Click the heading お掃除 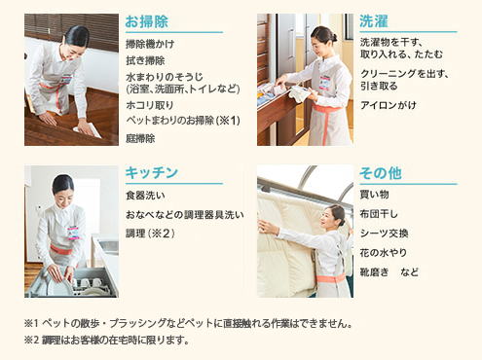[x=147, y=21]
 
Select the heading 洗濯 [x=374, y=21]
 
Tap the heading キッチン [x=152, y=172]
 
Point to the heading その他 [x=381, y=173]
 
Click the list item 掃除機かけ [x=150, y=44]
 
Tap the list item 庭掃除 [x=140, y=138]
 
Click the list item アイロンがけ [x=389, y=105]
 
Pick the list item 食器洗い [x=145, y=196]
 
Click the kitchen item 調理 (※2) [x=150, y=234]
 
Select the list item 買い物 [x=374, y=195]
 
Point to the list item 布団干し [x=379, y=214]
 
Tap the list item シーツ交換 [x=384, y=234]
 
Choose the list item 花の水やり [x=384, y=253]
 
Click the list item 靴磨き [x=374, y=272]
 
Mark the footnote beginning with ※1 [x=188, y=323]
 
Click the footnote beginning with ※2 [x=107, y=341]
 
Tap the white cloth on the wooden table [x=88, y=131]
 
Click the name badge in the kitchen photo [x=74, y=233]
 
